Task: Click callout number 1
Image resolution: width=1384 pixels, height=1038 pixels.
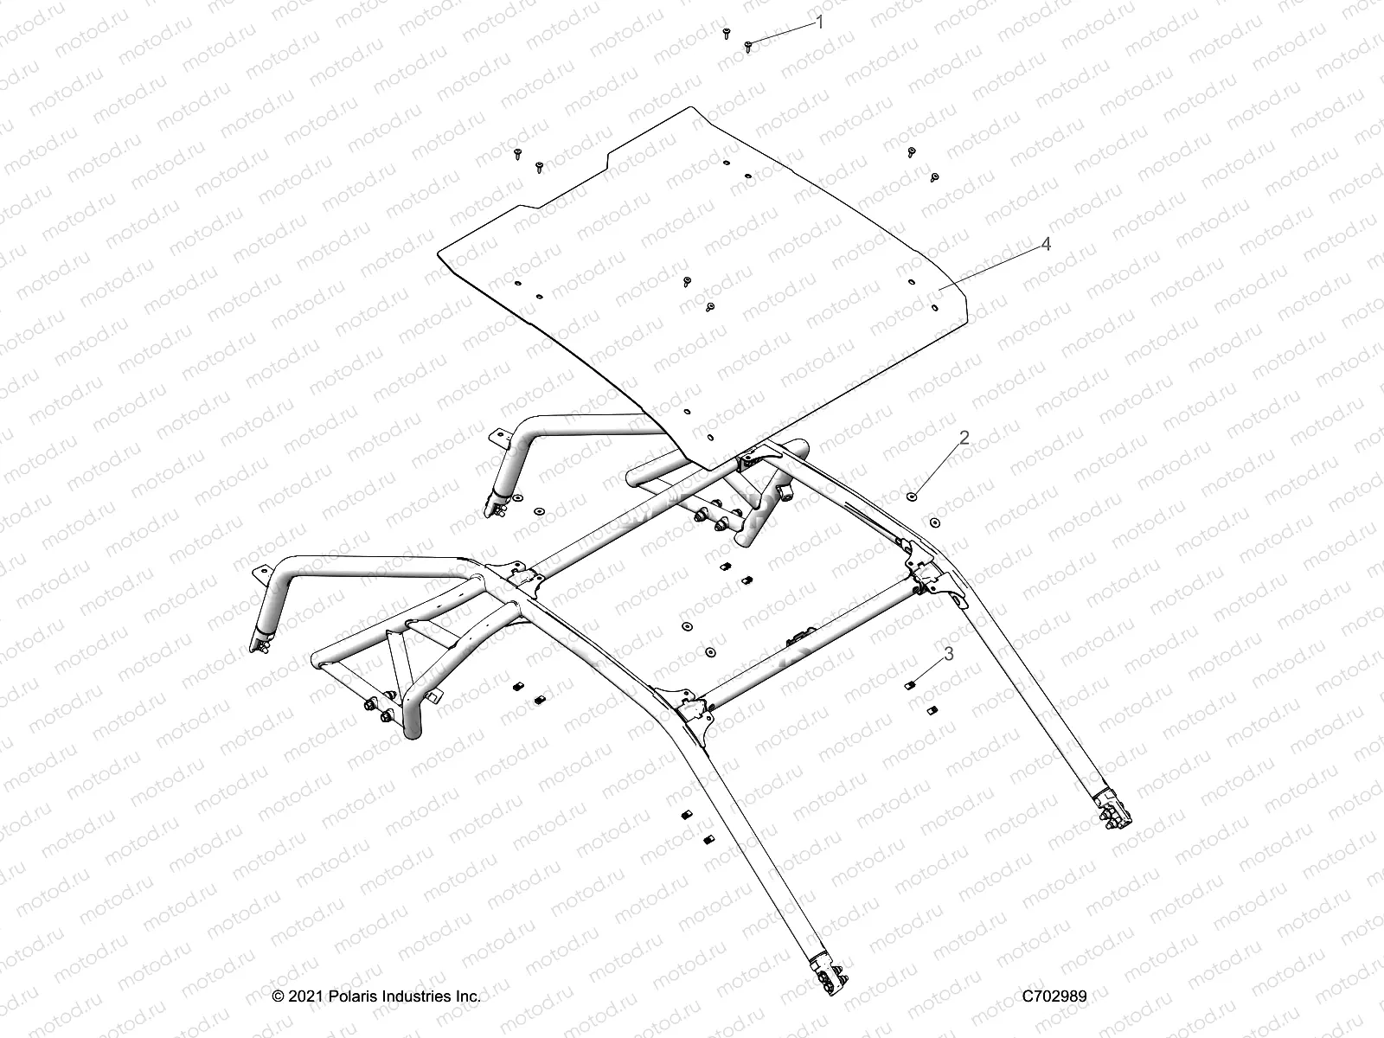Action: pyautogui.click(x=820, y=23)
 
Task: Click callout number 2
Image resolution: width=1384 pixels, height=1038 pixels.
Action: pyautogui.click(x=964, y=439)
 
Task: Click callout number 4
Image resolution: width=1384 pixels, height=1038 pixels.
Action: pyautogui.click(x=1046, y=245)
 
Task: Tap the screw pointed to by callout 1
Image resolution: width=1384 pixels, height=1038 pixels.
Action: pyautogui.click(x=749, y=44)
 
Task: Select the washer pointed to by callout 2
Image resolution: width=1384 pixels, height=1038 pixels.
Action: pyautogui.click(x=912, y=497)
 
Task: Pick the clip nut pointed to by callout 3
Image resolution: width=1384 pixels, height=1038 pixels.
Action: pyautogui.click(x=909, y=685)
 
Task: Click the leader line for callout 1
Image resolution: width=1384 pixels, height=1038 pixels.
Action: pyautogui.click(x=784, y=34)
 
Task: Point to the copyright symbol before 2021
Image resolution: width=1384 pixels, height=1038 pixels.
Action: pyautogui.click(x=279, y=996)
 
